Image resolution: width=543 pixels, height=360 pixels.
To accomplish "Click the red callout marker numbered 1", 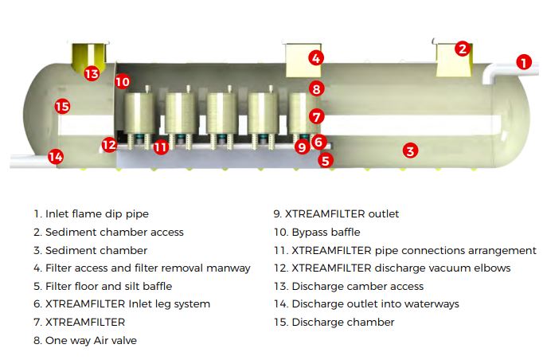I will click(523, 61).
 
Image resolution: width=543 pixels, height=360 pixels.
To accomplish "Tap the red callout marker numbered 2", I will click(463, 49).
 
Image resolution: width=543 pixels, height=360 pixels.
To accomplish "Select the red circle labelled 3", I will click(409, 149).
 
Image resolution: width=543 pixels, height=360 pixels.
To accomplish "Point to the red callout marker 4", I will click(316, 58).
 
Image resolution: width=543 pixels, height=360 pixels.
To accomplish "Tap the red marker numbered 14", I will click(55, 156).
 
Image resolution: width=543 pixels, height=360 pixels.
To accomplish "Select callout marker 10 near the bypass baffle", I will click(121, 81).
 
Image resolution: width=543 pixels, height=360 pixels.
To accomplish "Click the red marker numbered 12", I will click(109, 144).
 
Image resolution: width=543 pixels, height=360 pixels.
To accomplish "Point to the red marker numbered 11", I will click(161, 147).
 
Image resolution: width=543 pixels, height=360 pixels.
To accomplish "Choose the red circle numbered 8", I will click(316, 89).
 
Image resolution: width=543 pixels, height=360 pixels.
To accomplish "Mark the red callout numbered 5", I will click(325, 159).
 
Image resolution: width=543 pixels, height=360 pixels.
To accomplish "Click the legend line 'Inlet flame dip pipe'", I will click(91, 213).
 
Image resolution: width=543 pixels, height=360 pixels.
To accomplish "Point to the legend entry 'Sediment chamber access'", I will click(108, 232).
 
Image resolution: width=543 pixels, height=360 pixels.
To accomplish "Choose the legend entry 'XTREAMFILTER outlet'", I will click(336, 213).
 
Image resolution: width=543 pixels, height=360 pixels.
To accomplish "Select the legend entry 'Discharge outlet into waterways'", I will click(366, 303).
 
